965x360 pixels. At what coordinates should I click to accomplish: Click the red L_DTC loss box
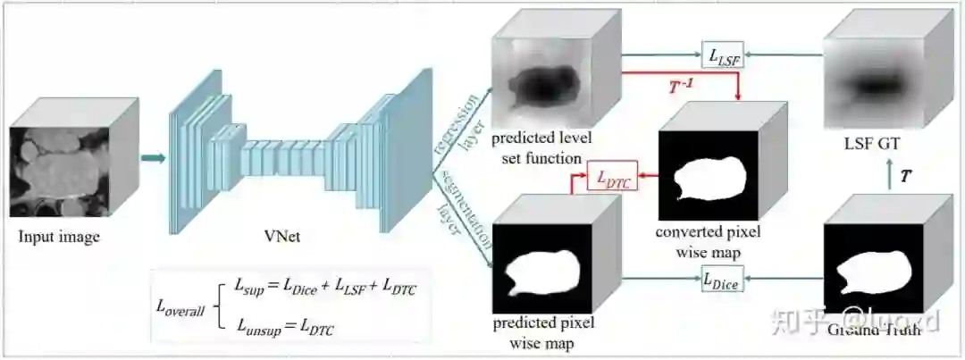(x=613, y=181)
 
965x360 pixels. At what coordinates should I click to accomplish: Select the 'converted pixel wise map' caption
(x=709, y=241)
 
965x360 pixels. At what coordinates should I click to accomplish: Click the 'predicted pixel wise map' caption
(x=541, y=331)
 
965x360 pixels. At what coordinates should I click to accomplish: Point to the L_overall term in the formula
(x=180, y=309)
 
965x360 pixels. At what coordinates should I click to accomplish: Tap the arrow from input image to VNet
(x=154, y=158)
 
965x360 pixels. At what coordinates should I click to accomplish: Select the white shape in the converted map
(x=709, y=174)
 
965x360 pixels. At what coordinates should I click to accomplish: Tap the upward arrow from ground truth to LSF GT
(x=889, y=176)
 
